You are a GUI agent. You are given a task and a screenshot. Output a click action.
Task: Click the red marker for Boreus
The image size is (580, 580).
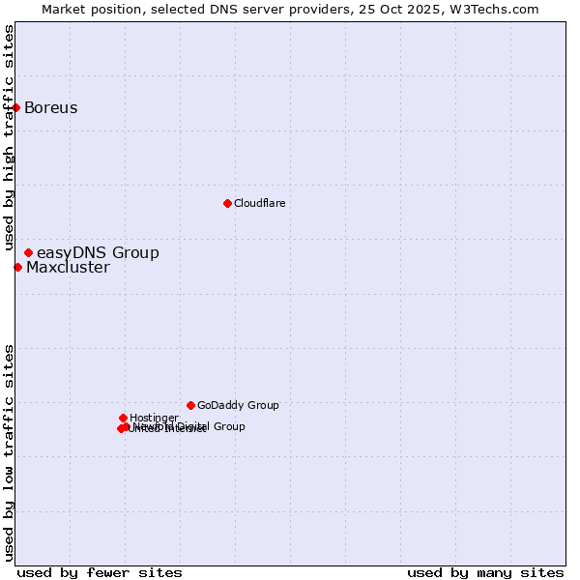[x=16, y=107]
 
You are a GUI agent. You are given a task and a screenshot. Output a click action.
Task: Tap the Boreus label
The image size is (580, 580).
[x=51, y=107]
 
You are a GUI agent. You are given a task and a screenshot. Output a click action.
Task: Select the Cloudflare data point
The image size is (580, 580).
[x=227, y=203]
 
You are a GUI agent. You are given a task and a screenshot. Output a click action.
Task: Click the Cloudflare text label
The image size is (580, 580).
[x=259, y=203]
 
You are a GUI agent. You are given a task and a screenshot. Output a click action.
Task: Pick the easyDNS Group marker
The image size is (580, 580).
[x=28, y=252]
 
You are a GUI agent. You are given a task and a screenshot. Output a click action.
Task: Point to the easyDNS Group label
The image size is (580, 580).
[x=98, y=252]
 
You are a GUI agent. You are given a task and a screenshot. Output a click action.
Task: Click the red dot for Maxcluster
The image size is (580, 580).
[x=17, y=267]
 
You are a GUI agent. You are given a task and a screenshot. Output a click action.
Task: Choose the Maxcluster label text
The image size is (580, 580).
[x=68, y=268]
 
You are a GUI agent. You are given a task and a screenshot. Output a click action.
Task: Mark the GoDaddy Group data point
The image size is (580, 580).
[x=190, y=405]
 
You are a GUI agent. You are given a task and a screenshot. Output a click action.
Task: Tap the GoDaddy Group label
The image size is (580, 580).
[x=238, y=405]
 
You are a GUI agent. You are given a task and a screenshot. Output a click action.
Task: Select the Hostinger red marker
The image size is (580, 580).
[x=123, y=418]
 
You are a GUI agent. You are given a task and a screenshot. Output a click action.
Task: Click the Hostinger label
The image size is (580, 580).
[x=154, y=418]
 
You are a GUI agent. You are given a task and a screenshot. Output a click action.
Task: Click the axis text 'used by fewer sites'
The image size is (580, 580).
[x=100, y=572]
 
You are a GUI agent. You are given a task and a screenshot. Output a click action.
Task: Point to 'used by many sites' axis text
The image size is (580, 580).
[x=485, y=572]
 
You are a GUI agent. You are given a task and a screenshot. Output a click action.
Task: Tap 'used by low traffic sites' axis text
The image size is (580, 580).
[x=9, y=452]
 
